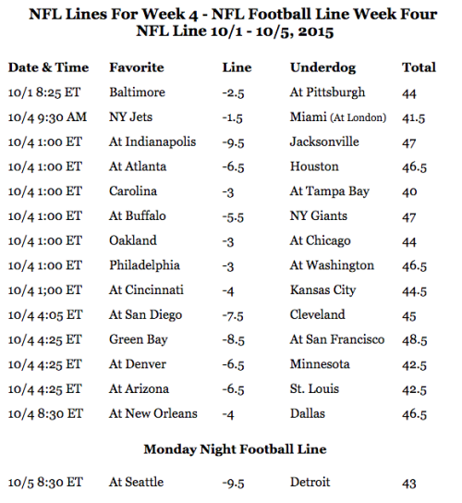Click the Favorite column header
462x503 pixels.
coord(137,67)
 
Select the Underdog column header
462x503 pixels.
coord(322,68)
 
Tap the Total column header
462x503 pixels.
coord(419,67)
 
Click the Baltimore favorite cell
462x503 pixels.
coord(138,92)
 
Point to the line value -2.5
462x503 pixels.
coord(233,93)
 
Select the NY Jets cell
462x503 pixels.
coord(130,117)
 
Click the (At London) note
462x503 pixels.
coord(359,117)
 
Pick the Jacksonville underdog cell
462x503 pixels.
coord(324,141)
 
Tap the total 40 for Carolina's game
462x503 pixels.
coord(409,191)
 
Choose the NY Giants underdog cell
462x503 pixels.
coord(319,215)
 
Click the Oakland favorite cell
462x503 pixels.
coord(133,240)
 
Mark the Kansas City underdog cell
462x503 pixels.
coord(322,290)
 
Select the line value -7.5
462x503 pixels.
coord(233,315)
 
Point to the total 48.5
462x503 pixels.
coord(415,340)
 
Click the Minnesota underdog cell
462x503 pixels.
coord(320,364)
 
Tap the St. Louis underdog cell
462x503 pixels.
coord(314,389)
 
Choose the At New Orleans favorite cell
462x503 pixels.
coord(153,414)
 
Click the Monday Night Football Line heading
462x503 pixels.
coord(235,449)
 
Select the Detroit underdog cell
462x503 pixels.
coord(310,482)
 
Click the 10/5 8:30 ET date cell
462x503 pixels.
coord(45,483)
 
